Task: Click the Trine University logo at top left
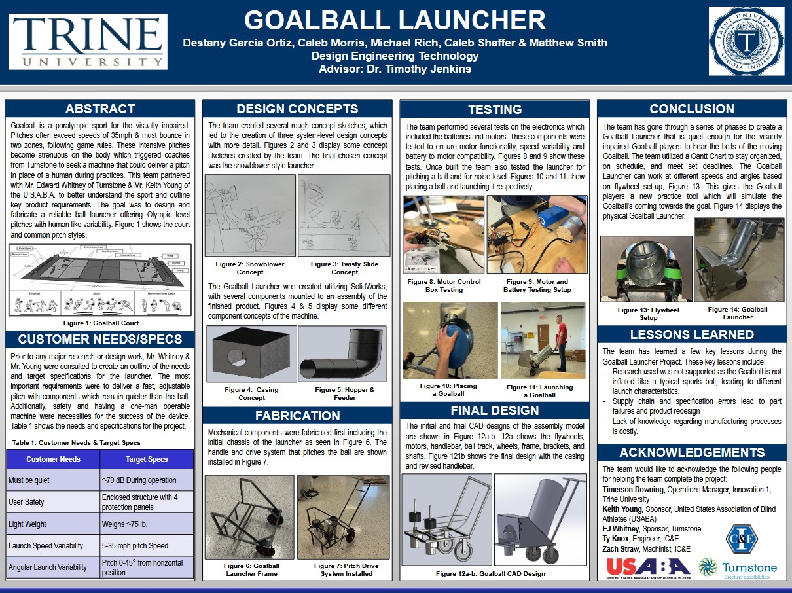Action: pos(88,41)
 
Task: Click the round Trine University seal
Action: pos(746,41)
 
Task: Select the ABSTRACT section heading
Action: pos(100,109)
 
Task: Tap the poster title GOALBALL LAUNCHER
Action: pos(395,20)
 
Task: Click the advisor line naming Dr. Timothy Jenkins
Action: pos(395,69)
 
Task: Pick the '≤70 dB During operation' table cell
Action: pos(147,480)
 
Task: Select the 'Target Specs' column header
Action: pos(147,459)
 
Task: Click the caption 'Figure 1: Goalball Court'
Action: pos(100,323)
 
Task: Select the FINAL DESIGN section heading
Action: pos(494,411)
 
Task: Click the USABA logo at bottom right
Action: pos(648,567)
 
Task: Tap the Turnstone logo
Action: pos(738,567)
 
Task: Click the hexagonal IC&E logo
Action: pos(742,538)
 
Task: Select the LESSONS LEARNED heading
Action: pos(691,334)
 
